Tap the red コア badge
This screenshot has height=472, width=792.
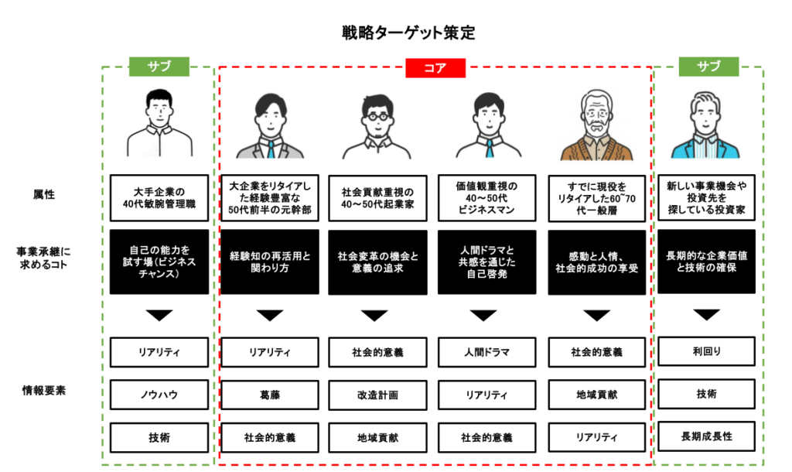click(435, 68)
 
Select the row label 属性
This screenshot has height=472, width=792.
click(43, 195)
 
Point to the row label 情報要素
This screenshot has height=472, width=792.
click(43, 390)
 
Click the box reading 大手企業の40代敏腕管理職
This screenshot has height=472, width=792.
click(159, 194)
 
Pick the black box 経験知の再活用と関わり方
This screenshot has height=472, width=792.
click(269, 262)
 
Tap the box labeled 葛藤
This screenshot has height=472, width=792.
click(269, 395)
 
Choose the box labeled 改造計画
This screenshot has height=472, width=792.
click(378, 395)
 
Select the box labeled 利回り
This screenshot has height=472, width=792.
click(706, 351)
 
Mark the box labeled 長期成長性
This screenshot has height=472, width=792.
click(706, 436)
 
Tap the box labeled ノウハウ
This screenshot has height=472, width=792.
click(159, 395)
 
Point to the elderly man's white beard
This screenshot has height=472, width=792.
click(596, 128)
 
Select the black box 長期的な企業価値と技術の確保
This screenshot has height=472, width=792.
click(706, 262)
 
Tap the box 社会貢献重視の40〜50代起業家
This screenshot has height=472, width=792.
click(378, 195)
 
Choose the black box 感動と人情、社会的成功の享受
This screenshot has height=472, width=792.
click(596, 262)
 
